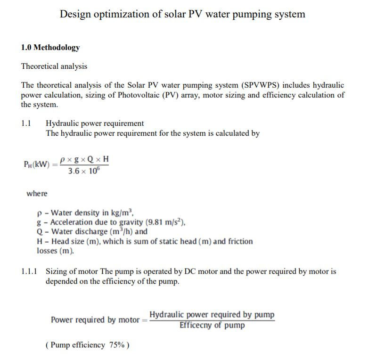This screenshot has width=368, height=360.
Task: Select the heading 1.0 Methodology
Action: pos(50,48)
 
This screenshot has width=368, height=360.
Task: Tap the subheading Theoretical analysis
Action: pos(54,66)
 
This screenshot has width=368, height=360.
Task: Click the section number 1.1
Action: pos(26,123)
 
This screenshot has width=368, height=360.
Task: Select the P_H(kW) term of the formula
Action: pos(37,164)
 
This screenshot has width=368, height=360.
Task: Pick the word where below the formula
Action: pos(37,194)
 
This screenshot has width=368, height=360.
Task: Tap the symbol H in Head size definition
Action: pos(40,241)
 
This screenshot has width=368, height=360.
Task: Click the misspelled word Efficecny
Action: pos(195,326)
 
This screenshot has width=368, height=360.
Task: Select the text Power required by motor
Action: pos(96,320)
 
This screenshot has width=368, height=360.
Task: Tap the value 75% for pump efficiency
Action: pos(116,345)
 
